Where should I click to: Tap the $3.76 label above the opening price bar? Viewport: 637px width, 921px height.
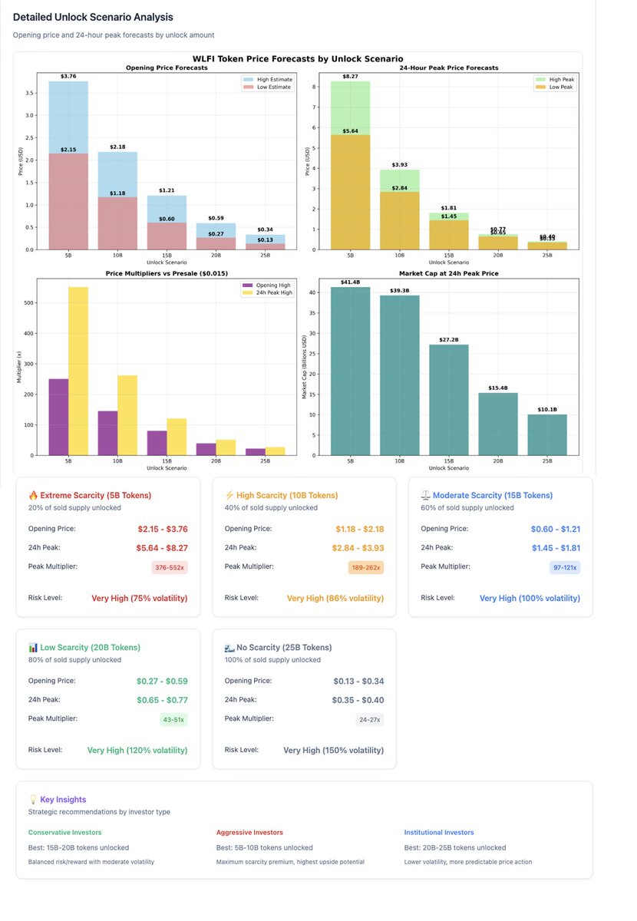point(68,76)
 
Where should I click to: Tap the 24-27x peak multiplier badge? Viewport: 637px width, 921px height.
point(368,719)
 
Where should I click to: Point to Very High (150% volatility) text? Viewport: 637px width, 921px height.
point(333,751)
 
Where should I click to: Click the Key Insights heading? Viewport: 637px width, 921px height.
point(63,799)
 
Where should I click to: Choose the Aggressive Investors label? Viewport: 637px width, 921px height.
point(249,832)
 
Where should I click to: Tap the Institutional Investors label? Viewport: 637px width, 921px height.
point(438,832)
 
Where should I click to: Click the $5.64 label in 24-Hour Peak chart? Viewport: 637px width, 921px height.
point(350,131)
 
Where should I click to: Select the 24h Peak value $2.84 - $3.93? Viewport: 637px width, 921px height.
point(357,547)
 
